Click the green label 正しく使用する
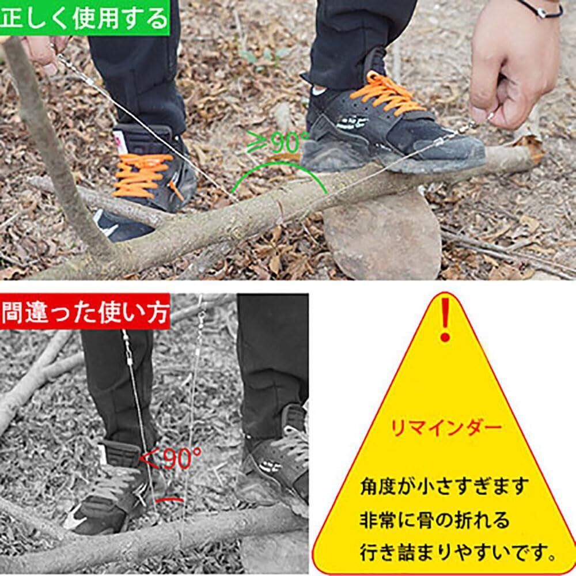click(x=85, y=18)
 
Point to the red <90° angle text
click(x=171, y=457)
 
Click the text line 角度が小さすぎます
click(x=444, y=486)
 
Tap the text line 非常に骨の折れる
click(x=434, y=520)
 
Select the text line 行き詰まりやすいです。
click(x=457, y=552)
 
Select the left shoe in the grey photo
click(x=110, y=488)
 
